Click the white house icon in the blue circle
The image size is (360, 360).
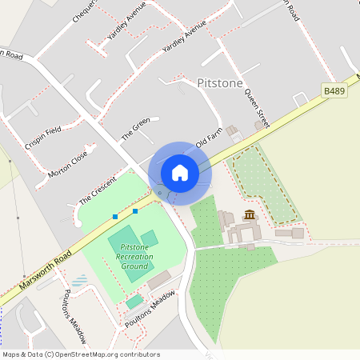pos(180,173)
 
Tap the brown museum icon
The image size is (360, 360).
pos(250,214)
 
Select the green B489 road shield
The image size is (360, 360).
pos(334,92)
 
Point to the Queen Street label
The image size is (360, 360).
pos(254,103)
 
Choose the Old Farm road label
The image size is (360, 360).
pos(208,138)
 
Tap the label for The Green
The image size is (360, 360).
pos(135,130)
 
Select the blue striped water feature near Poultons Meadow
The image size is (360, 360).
pos(80,281)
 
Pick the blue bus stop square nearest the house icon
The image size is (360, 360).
pos(135,211)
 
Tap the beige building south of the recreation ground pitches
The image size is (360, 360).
pos(158,280)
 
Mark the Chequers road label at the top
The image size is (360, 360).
pos(85,11)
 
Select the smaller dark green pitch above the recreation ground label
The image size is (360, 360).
pos(150,238)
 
